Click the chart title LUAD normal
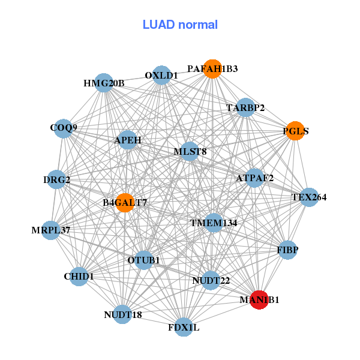[180, 25]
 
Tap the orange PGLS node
[294, 131]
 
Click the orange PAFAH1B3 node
[212, 69]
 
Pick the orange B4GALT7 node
[125, 203]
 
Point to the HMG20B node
[104, 83]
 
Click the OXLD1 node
[161, 76]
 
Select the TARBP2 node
[245, 108]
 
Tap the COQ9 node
[64, 128]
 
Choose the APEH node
[128, 140]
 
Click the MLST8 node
[190, 151]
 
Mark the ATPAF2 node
[254, 178]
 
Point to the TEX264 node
[308, 197]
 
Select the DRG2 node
[57, 180]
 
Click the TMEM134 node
[214, 223]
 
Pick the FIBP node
[288, 250]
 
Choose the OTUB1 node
[144, 260]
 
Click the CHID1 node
[79, 277]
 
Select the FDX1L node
[184, 328]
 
